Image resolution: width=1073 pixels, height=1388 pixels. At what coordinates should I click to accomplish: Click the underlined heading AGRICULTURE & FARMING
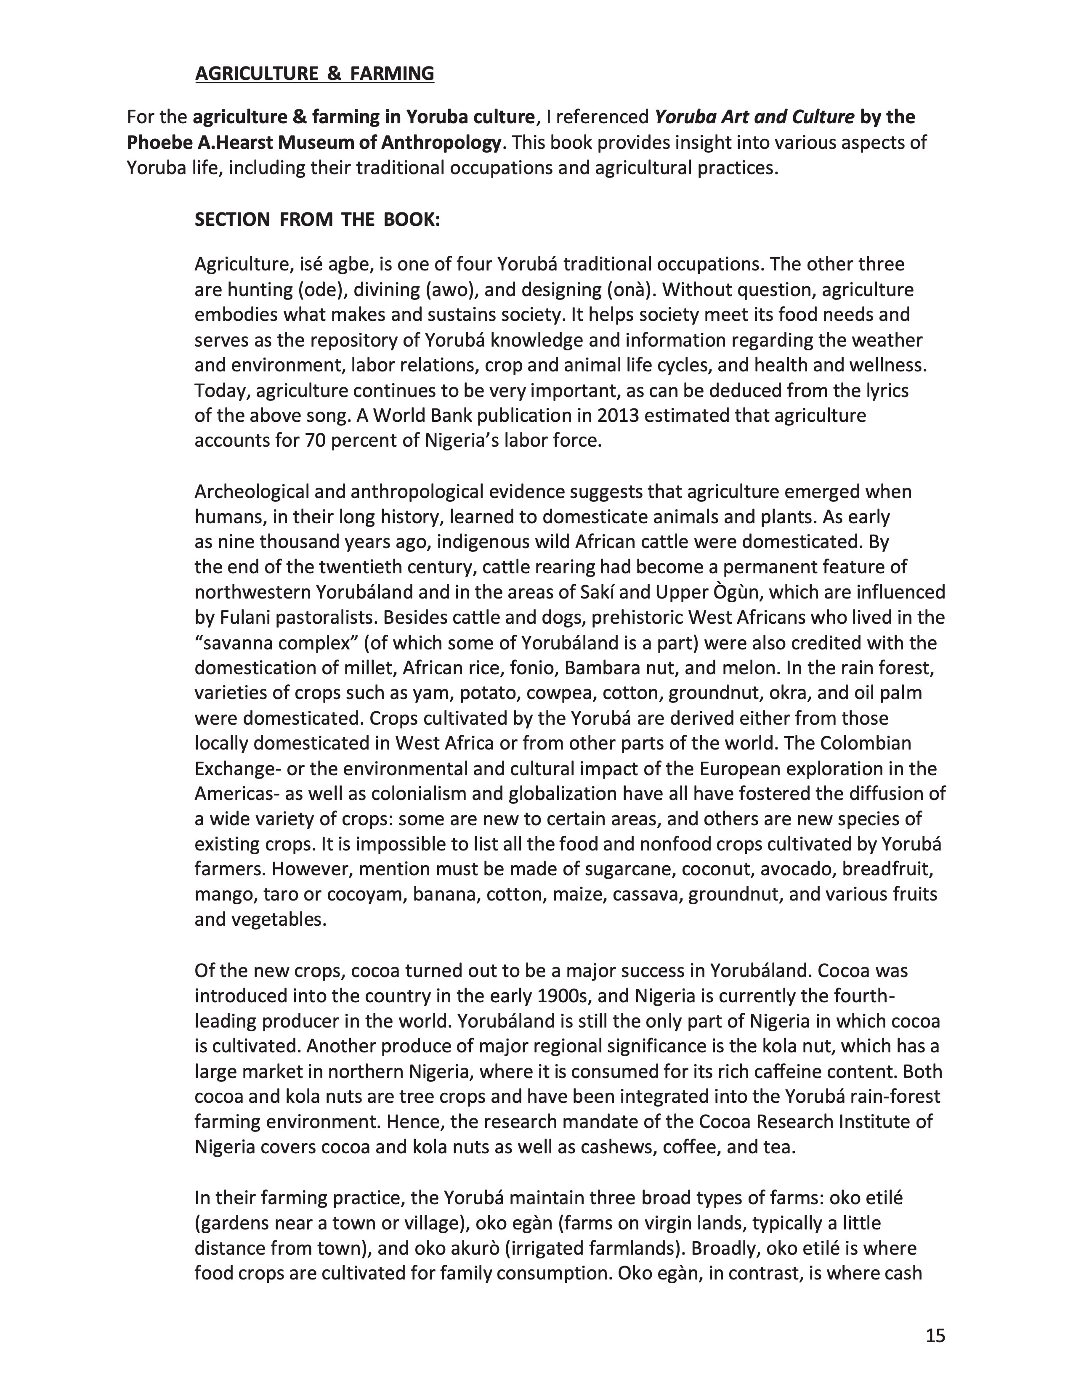click(x=315, y=74)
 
